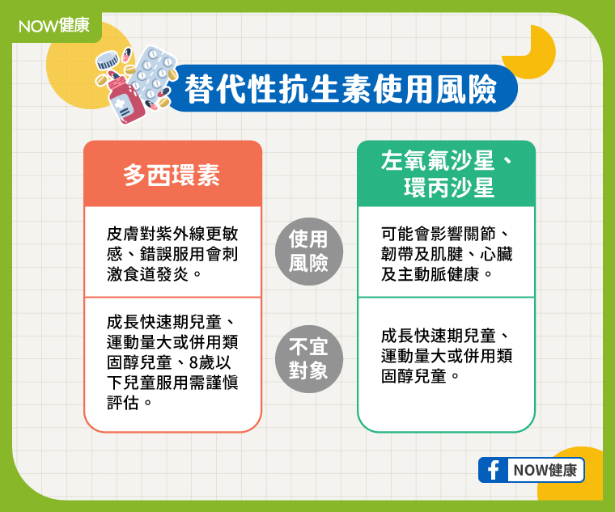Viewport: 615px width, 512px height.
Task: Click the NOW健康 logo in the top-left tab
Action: tap(54, 26)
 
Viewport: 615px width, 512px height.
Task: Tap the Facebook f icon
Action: tap(493, 470)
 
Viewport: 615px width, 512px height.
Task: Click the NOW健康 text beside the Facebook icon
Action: tap(545, 470)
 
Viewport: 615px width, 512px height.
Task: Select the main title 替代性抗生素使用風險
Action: tap(341, 89)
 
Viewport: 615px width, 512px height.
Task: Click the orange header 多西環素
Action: tap(172, 175)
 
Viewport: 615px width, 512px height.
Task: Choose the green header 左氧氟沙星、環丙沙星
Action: tap(447, 174)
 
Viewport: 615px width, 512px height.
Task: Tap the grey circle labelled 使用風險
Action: tap(308, 252)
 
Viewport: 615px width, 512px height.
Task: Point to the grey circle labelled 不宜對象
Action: tap(308, 359)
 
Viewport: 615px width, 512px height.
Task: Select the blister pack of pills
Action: tap(153, 74)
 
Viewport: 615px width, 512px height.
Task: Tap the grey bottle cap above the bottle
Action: tap(107, 60)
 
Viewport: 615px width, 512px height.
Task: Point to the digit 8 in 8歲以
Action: tap(193, 362)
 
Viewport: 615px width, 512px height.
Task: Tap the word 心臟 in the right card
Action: tap(496, 254)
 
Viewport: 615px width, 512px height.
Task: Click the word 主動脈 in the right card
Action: tap(422, 274)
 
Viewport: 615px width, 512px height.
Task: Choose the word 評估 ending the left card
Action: tap(123, 403)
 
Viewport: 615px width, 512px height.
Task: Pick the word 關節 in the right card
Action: tap(480, 234)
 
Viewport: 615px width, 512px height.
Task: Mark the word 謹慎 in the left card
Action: tap(222, 383)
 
